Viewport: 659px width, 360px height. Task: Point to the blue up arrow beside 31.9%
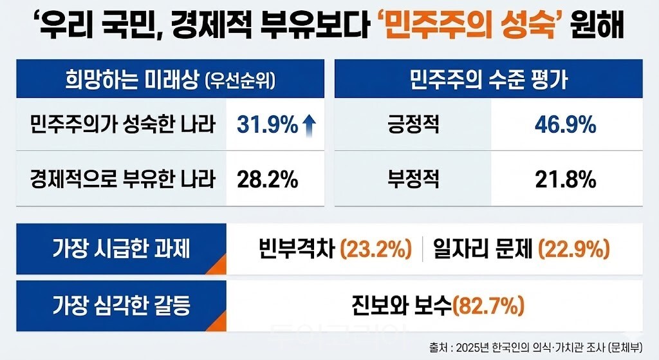tap(309, 125)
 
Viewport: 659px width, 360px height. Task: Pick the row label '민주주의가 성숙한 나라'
tap(122, 124)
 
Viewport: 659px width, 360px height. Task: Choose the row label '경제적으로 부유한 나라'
tap(122, 180)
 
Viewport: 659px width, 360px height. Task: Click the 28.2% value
tap(268, 180)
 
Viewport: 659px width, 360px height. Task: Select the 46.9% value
tap(566, 125)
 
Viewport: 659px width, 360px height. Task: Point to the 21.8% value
tap(566, 180)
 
